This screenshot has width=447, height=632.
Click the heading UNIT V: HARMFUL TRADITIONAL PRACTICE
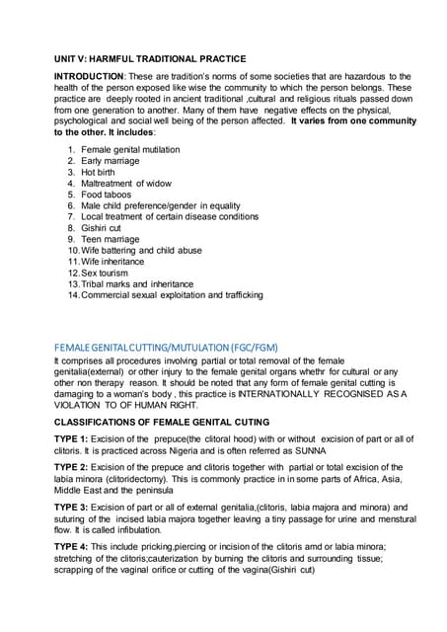150,59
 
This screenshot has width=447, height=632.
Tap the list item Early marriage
111,160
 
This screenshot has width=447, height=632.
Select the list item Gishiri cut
102,227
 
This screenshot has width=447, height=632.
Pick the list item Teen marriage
111,239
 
